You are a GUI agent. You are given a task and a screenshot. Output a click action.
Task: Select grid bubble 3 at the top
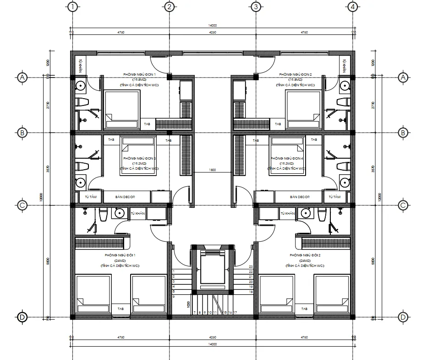[x=256, y=7]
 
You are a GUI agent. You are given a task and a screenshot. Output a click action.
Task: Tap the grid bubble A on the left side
[x=22, y=78]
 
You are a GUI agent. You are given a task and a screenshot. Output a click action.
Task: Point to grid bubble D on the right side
[x=403, y=317]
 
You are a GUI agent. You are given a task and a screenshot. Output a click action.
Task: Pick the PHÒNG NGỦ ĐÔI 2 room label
[x=305, y=255]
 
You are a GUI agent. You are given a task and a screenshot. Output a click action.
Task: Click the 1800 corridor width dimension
[x=213, y=170]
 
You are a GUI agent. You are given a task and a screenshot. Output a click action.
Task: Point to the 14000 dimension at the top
[x=212, y=26]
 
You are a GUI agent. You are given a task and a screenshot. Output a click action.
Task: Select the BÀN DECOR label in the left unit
[x=127, y=197]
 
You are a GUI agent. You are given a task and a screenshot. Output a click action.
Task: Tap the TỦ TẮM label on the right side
[x=335, y=197]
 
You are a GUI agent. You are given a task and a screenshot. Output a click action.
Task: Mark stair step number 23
[x=251, y=267]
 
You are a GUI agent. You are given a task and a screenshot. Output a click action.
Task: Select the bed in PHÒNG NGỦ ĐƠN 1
[x=122, y=109]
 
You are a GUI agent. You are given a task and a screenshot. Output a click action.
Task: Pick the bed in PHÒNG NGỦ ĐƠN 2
[x=302, y=109]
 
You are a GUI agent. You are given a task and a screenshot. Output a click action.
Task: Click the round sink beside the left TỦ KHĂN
[x=120, y=213]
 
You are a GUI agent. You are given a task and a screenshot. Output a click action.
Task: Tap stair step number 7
[x=195, y=312]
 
